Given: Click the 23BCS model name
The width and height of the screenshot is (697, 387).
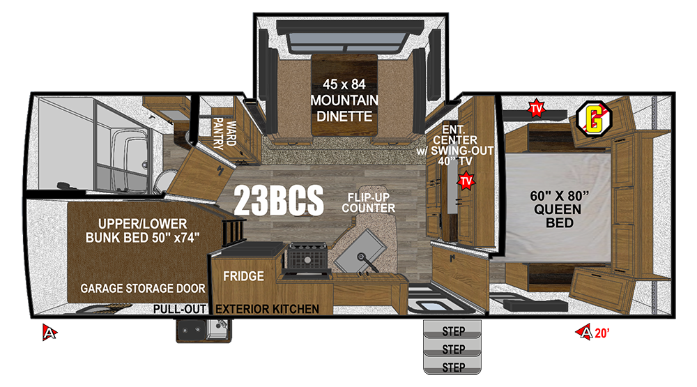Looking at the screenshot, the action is (x=279, y=201).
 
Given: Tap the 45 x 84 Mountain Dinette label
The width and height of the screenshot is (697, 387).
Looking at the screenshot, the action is (x=344, y=100).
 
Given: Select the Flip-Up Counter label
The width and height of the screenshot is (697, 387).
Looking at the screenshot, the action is (x=369, y=203).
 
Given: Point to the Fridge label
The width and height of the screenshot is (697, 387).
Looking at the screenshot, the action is (x=243, y=276).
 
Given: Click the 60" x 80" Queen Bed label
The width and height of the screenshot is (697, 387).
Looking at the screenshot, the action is (x=559, y=209).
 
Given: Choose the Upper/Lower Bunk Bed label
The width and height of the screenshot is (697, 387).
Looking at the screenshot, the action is (x=143, y=230).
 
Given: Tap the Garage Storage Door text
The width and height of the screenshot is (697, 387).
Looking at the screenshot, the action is (x=143, y=288).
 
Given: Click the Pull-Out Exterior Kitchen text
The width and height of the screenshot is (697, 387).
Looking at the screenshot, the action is (x=236, y=309).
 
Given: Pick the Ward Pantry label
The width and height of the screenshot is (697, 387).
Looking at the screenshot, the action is (x=224, y=132).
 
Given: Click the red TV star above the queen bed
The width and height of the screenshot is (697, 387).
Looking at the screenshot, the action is (x=537, y=109).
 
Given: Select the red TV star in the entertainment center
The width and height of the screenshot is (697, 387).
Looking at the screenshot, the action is (x=466, y=181).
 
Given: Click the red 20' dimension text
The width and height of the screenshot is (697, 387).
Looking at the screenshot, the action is (x=602, y=333).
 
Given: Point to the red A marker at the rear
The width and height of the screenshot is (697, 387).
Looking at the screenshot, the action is (x=49, y=333).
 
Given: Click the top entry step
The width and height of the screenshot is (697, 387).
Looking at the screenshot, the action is (x=452, y=330).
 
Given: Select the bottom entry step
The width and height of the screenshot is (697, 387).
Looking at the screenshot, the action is (x=452, y=367).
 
